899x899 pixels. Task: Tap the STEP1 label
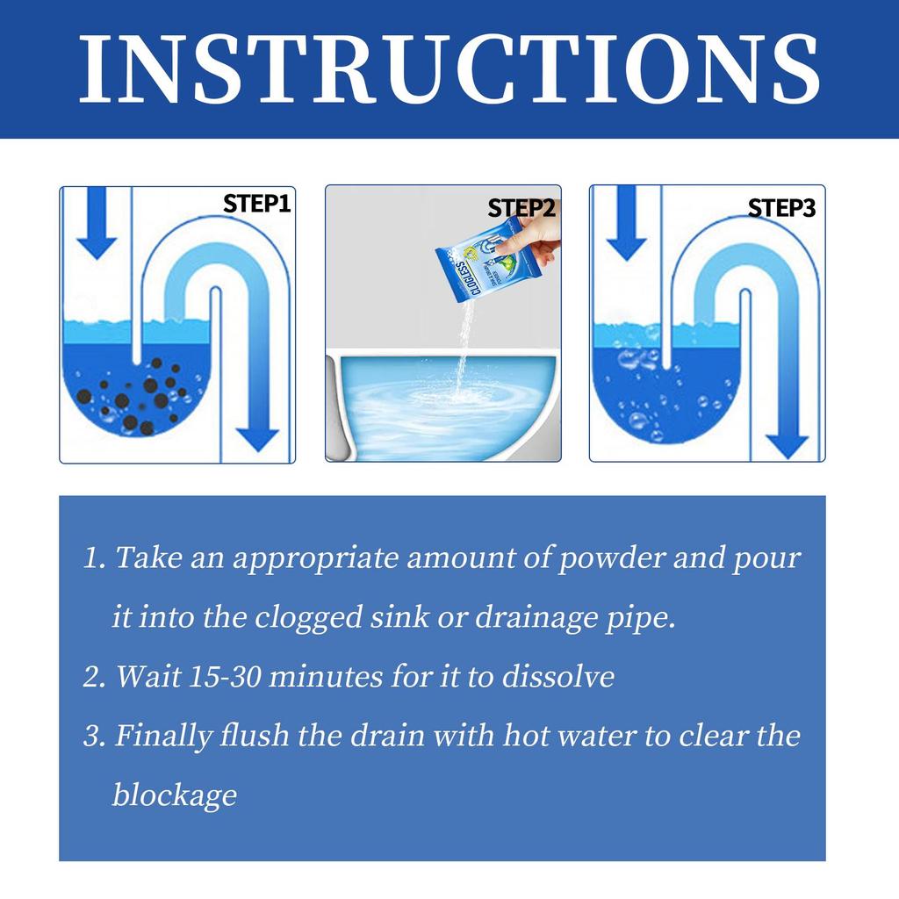click(x=256, y=204)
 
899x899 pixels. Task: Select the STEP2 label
click(x=521, y=208)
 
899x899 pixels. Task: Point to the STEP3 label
click(x=781, y=208)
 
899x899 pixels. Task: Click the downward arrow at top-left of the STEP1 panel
click(x=97, y=224)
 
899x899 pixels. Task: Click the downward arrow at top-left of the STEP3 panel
click(x=626, y=224)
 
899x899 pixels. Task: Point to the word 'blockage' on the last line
click(x=174, y=795)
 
